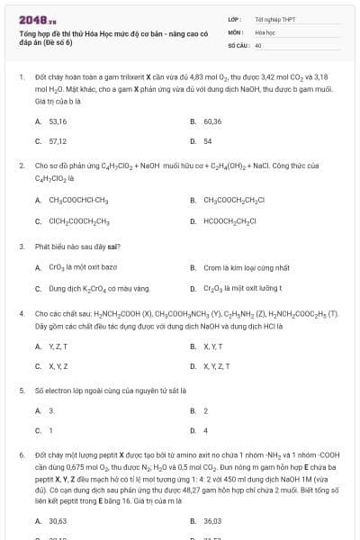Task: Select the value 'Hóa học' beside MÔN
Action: (265, 31)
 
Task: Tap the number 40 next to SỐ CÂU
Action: (258, 43)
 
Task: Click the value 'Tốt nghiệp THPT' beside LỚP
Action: (273, 18)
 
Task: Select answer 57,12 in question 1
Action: (58, 141)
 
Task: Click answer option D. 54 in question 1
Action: (208, 141)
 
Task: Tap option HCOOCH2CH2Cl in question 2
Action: (231, 220)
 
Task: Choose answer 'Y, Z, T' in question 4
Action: (58, 346)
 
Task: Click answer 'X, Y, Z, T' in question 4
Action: (216, 366)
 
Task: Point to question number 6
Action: (21, 455)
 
